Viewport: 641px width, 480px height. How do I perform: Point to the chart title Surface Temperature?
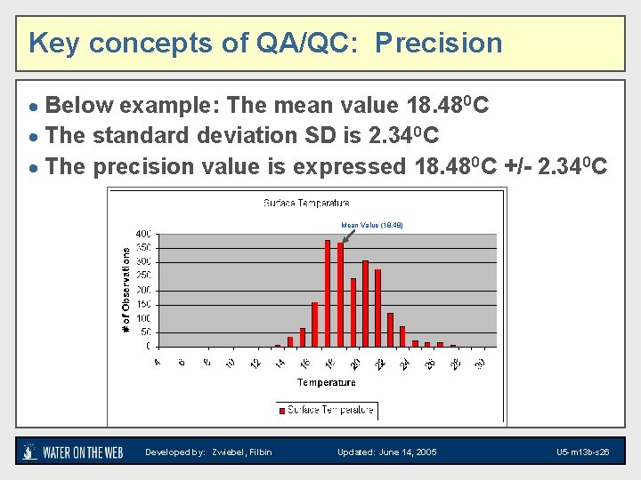[306, 204]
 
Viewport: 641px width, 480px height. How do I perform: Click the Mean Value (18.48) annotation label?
[372, 226]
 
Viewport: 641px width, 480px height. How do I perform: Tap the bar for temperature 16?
[315, 324]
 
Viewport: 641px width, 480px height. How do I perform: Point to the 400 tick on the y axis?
[142, 234]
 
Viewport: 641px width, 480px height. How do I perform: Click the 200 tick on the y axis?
[142, 290]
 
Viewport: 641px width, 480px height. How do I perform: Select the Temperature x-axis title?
[326, 382]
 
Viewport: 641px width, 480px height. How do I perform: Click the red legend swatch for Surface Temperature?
[283, 411]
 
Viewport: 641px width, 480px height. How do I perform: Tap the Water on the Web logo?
[72, 452]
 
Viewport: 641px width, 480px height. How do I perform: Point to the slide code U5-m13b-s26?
[582, 452]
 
